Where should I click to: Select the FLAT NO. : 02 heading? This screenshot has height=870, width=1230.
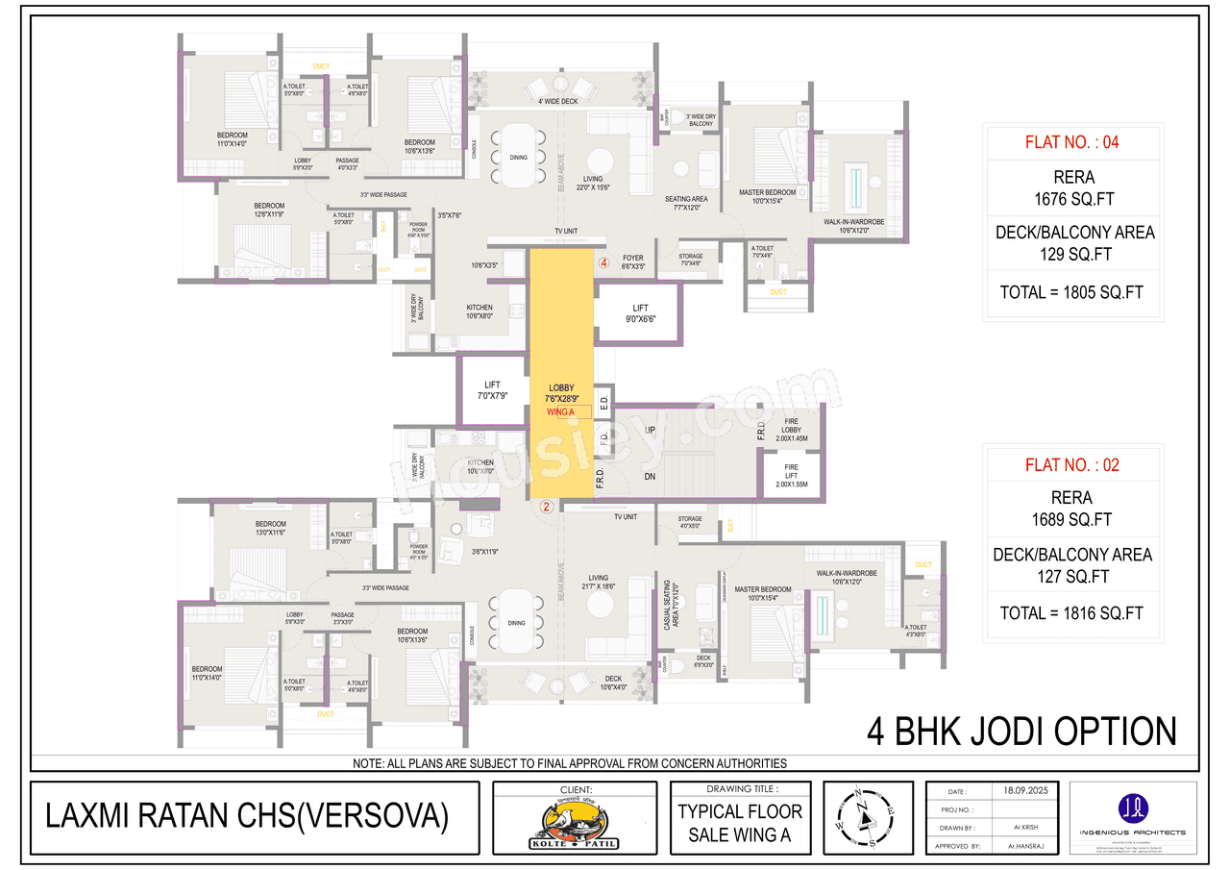point(1071,465)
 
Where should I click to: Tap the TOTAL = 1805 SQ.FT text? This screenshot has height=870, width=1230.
point(1071,292)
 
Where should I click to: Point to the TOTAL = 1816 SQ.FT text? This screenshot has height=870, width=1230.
point(1071,613)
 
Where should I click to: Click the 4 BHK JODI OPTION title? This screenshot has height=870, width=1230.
point(1021,732)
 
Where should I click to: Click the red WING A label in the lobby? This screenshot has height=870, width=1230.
point(560,411)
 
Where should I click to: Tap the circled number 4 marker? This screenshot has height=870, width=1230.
point(604,261)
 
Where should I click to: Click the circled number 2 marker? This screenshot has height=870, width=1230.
point(546,507)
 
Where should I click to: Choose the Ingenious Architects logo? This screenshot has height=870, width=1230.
point(1133,813)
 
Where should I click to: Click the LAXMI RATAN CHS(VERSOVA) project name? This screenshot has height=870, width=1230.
point(247,816)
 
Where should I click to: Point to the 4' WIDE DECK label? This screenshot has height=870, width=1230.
point(557,101)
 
